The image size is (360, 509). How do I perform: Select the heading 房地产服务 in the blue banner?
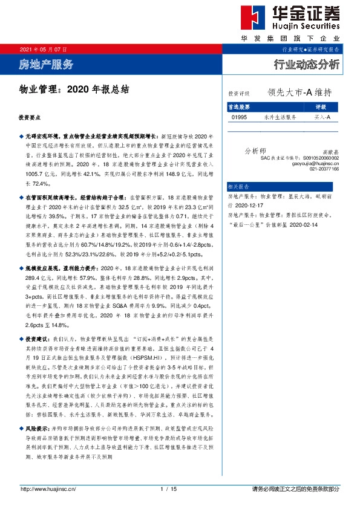(46, 64)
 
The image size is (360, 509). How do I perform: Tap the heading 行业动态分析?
(307, 64)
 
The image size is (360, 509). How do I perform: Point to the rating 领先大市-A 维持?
(299, 93)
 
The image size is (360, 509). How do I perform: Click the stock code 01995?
(239, 117)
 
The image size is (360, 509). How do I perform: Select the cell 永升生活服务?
(280, 117)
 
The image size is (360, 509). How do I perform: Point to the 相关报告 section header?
(238, 187)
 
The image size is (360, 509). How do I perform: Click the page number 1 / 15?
(168, 488)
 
